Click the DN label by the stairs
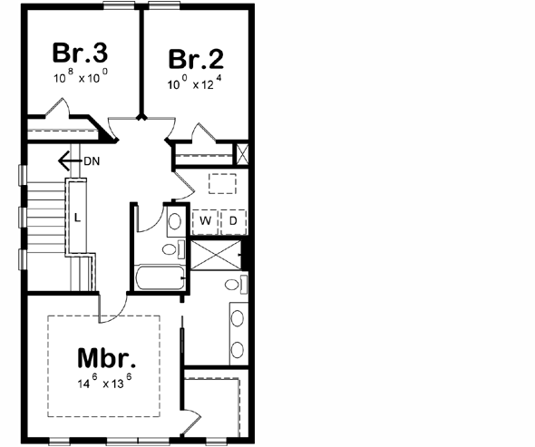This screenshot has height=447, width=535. click(x=92, y=161)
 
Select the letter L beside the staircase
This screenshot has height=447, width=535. click(x=77, y=218)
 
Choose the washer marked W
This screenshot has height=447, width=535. click(x=205, y=220)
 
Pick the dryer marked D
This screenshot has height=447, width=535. click(x=232, y=220)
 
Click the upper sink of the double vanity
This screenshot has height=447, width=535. click(x=237, y=319)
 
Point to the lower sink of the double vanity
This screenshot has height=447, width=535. click(x=237, y=349)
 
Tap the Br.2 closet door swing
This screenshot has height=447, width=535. click(x=202, y=134)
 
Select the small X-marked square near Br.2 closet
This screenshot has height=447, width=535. click(x=242, y=152)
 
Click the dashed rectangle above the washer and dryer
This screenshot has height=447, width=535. click(x=222, y=182)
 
